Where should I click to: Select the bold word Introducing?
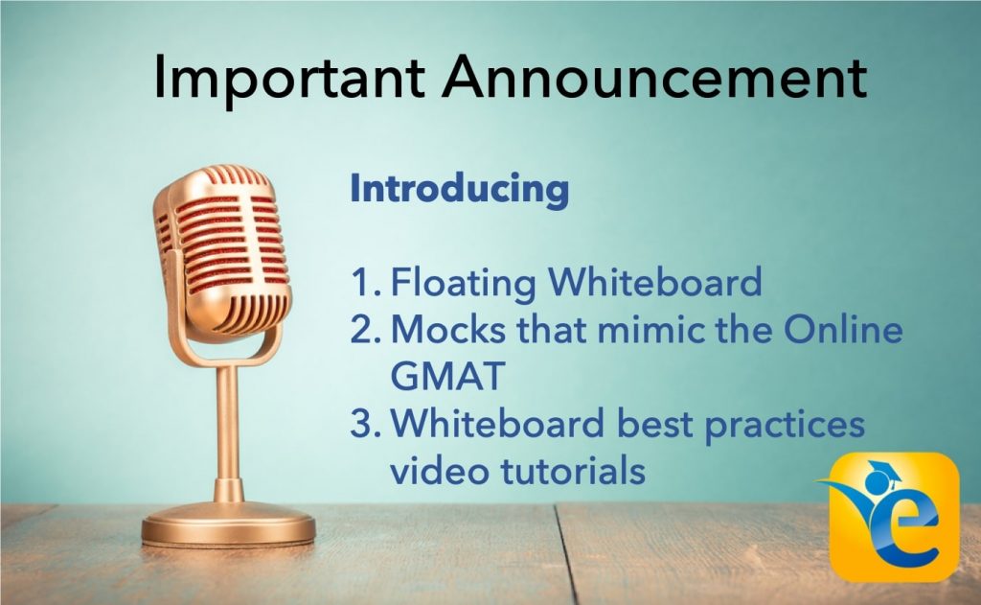[x=460, y=189]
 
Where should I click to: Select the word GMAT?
[x=447, y=377]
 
